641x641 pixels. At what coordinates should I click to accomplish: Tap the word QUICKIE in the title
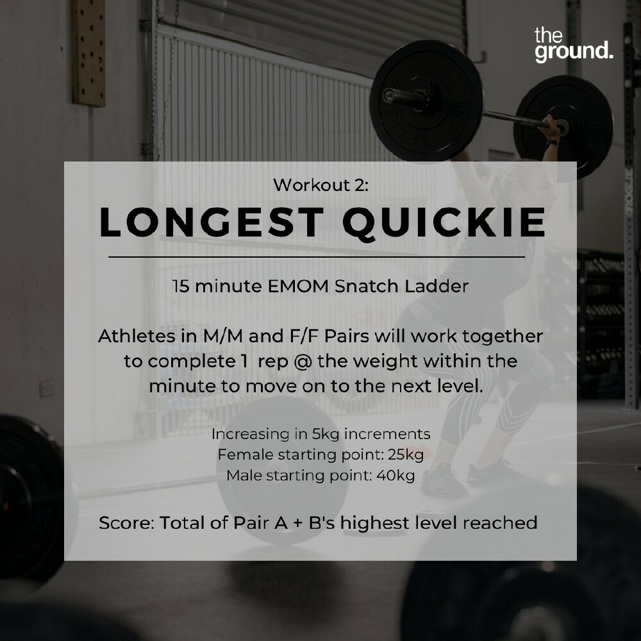coord(444,223)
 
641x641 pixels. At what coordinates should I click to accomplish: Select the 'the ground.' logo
coord(574,45)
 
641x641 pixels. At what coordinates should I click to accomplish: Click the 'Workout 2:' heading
coord(321,185)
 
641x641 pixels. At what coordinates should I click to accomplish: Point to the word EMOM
coord(299,286)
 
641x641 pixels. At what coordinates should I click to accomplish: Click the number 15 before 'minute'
coord(181,286)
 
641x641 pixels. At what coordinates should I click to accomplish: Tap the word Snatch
coord(367,286)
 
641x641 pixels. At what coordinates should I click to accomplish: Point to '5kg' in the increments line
coord(326,434)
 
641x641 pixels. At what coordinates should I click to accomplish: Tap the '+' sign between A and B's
coord(298,523)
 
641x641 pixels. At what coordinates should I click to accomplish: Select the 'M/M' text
coord(223,336)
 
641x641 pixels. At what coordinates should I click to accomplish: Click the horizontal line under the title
coord(317,257)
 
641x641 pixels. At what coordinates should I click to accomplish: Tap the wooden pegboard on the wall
coord(88,53)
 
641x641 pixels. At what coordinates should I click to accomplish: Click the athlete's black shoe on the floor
coord(443,480)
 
